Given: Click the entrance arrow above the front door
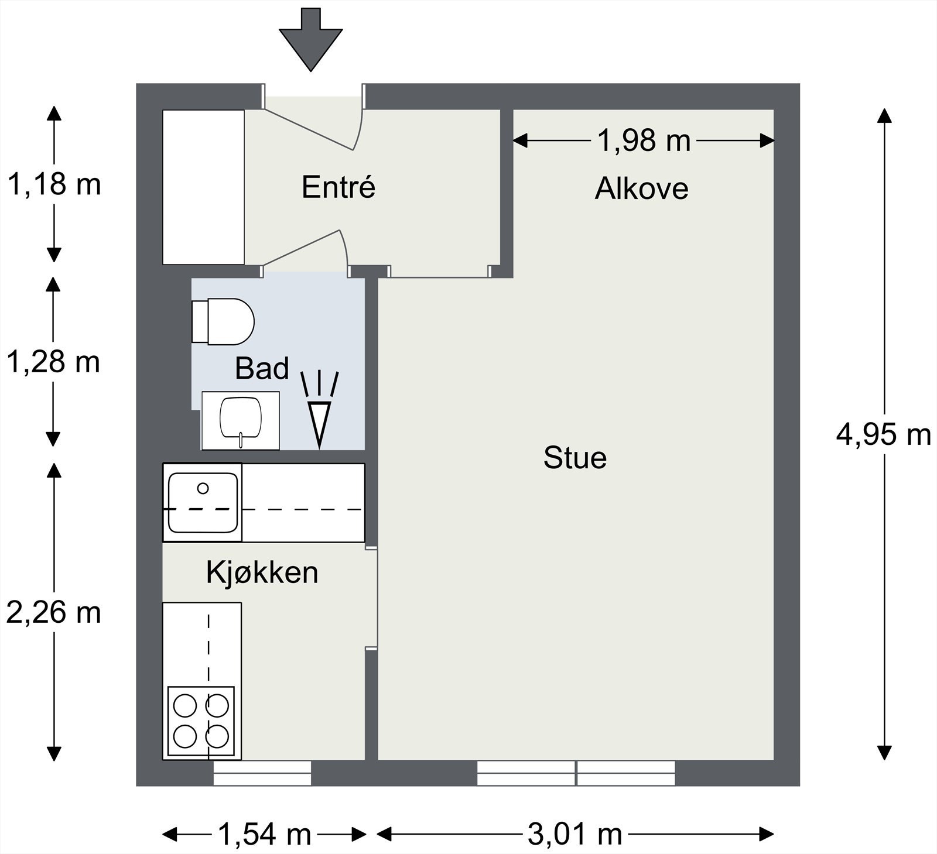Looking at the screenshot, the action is coord(310,39).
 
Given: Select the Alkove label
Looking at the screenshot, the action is coord(641,188).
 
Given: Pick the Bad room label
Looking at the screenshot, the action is coord(262,368).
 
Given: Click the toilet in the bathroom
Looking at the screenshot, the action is coord(223,321).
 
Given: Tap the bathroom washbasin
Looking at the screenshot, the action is coord(240,420).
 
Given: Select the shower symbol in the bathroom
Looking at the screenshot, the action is coord(320,410).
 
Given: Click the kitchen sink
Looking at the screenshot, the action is coord(203,502).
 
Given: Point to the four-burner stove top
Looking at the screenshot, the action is coord(201,721).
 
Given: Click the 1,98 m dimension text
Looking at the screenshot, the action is coord(644,140).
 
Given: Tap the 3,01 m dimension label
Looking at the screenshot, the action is coord(574,834).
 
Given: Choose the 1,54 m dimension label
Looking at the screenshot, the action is coord(264,834).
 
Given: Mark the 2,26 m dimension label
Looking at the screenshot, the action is coord(53,613).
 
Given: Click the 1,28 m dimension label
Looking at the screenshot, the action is coord(53,362).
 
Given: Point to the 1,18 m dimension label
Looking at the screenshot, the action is coord(53,184).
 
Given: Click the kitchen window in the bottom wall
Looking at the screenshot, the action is coord(262,773).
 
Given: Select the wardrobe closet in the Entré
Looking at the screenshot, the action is coord(203,187).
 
